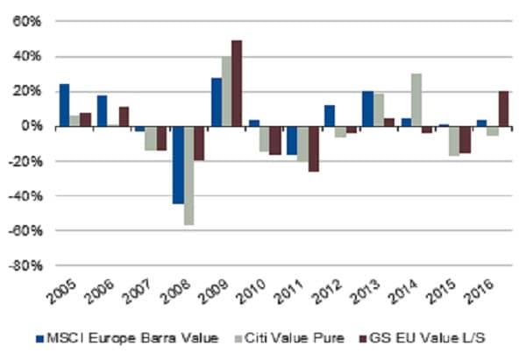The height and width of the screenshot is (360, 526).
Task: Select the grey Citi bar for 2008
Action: [x=188, y=176]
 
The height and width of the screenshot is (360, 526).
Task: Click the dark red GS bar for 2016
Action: [x=504, y=109]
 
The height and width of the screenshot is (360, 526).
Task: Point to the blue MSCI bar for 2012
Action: [x=329, y=116]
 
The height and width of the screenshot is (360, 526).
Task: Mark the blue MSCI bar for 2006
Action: [x=102, y=111]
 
